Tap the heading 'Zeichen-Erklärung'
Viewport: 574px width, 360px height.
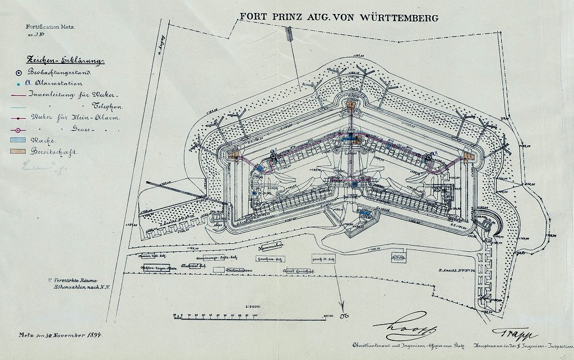[x=62, y=61]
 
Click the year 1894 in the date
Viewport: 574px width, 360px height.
[x=98, y=335]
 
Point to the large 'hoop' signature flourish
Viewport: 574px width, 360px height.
[x=394, y=325]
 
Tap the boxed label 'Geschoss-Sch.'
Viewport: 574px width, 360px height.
[x=268, y=259]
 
